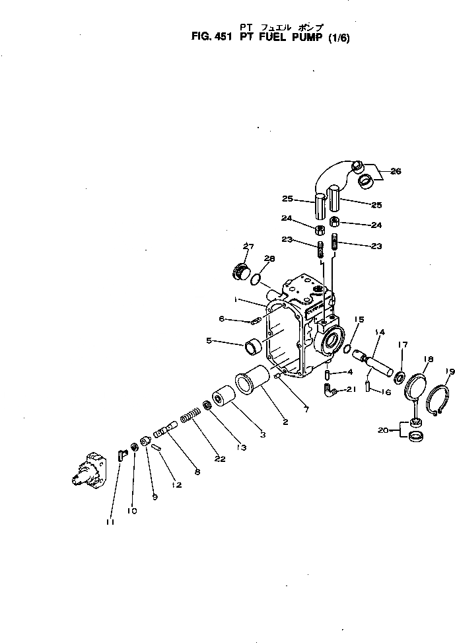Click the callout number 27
[248, 247]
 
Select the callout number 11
[110, 522]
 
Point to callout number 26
[395, 171]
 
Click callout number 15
[358, 320]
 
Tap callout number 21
[351, 389]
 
